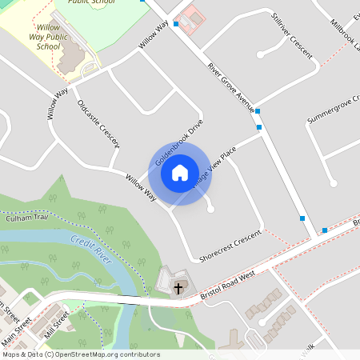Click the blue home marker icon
click(180, 173)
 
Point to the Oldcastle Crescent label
click(98, 123)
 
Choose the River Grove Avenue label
click(230, 86)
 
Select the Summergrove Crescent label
click(333, 110)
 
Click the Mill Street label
click(57, 322)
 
